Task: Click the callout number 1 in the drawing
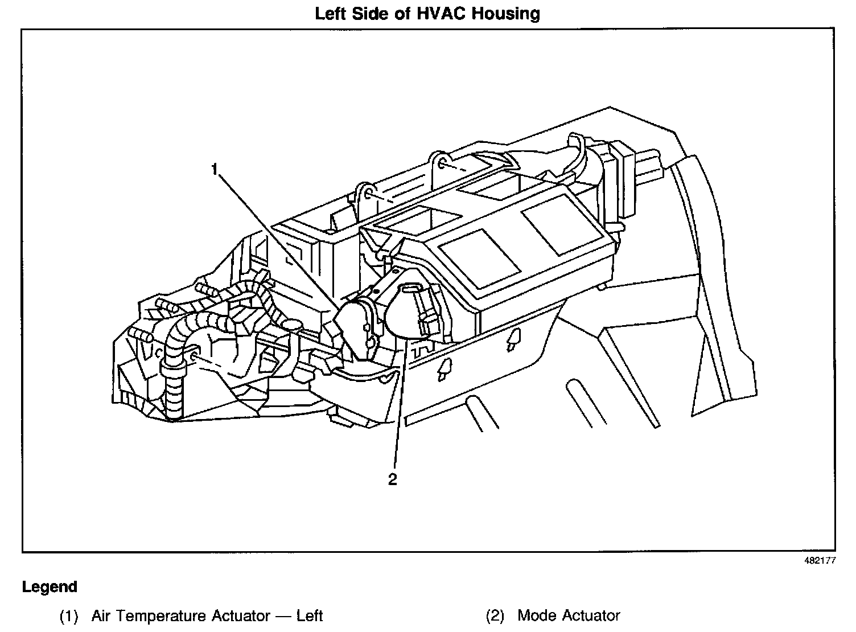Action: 215,169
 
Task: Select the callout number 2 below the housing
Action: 393,479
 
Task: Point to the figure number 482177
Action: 820,560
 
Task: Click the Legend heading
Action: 50,587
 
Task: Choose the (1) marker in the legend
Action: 68,615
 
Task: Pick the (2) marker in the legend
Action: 495,615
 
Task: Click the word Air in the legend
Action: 102,615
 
